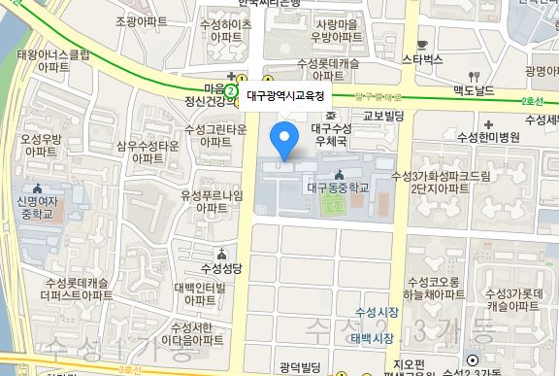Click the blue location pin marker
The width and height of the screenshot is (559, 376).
[x=284, y=140]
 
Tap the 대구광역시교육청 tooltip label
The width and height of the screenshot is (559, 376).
[x=286, y=95]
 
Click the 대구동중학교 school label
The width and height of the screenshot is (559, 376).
[x=339, y=188]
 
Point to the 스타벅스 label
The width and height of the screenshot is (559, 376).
[x=423, y=59]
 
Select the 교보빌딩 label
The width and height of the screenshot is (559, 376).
[x=382, y=115]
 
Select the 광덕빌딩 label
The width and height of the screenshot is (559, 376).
[x=298, y=366]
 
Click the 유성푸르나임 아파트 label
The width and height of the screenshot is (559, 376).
[x=210, y=201]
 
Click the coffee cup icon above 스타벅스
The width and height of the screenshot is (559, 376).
[x=422, y=44]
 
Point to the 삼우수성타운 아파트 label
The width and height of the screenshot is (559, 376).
[x=148, y=151]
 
